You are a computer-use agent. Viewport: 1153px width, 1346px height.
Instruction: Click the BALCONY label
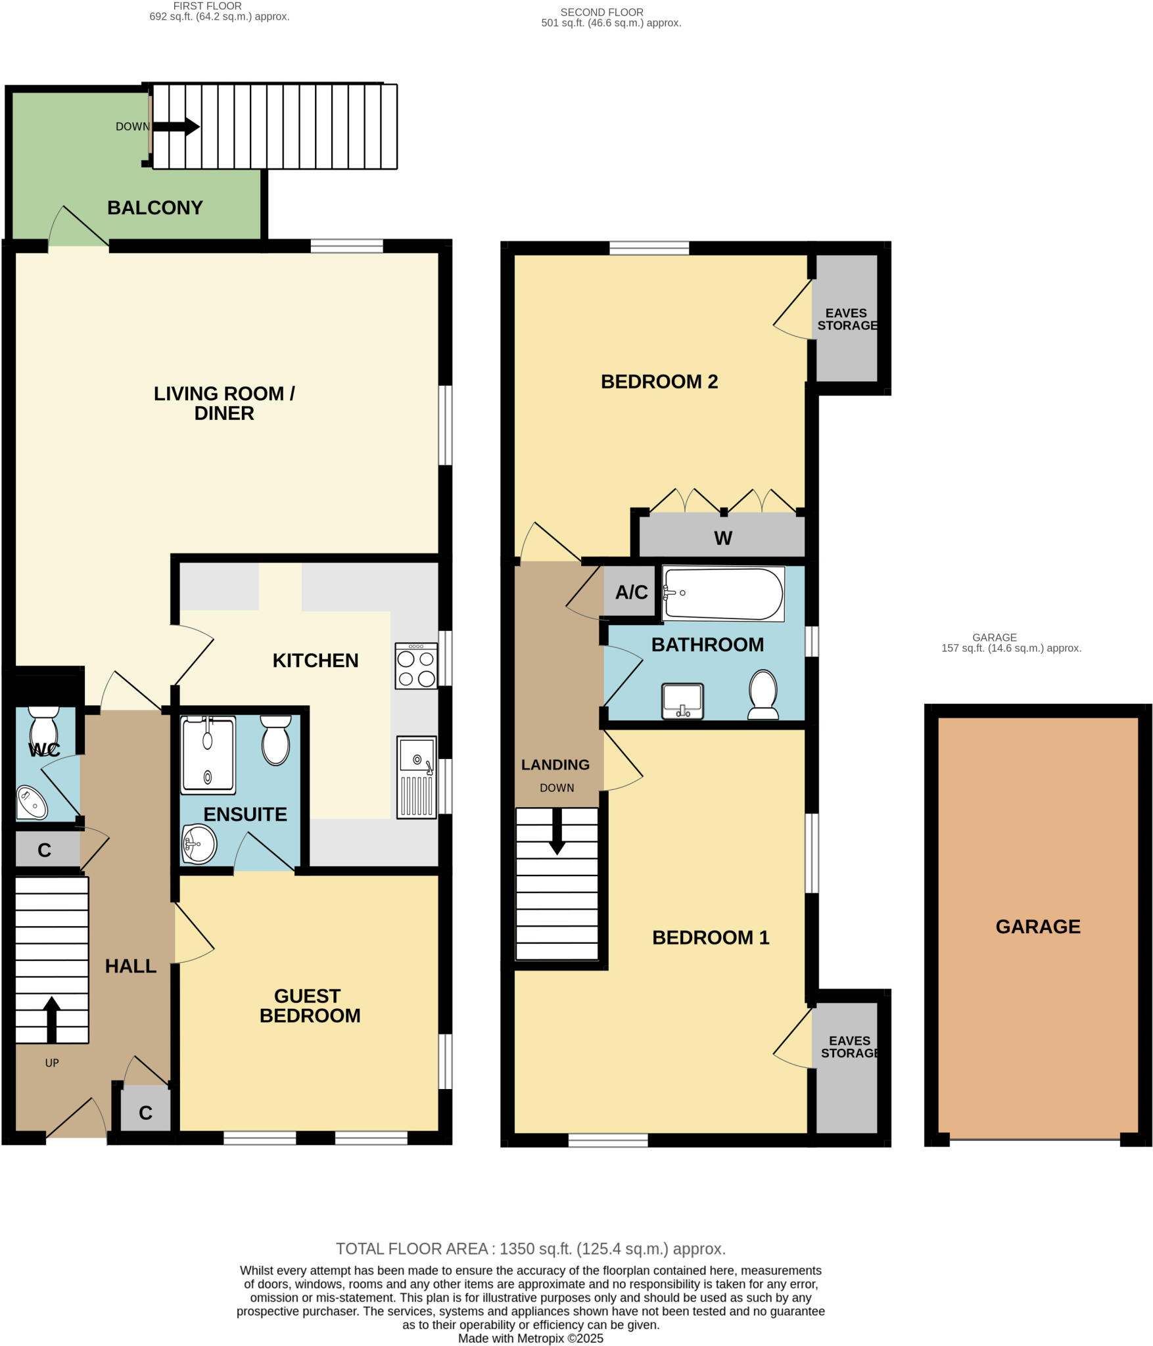(x=154, y=208)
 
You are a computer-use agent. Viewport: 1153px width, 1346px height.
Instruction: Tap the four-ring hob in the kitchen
(x=416, y=666)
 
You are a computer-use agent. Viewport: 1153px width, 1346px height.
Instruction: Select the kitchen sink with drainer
(x=417, y=777)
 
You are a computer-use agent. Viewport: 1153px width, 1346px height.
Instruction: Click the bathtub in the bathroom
(x=723, y=593)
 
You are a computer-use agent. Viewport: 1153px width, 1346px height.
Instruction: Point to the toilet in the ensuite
(x=275, y=740)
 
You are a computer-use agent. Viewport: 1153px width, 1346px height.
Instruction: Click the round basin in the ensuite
(x=200, y=844)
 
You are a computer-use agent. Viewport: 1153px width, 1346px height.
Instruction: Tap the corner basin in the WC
(x=30, y=802)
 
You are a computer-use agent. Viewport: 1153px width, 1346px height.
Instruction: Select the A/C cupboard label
(x=631, y=592)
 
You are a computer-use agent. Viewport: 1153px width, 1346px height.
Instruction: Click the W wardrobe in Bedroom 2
(x=722, y=538)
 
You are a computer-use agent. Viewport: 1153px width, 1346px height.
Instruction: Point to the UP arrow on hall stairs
(x=51, y=1019)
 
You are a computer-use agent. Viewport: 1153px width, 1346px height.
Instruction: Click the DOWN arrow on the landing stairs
(x=557, y=832)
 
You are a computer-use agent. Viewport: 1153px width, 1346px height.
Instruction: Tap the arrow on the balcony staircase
(x=176, y=126)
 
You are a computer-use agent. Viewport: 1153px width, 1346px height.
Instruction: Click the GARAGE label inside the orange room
(x=1037, y=927)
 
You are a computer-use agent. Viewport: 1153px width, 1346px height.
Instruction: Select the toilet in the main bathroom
(x=763, y=694)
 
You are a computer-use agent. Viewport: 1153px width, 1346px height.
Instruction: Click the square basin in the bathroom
(x=683, y=701)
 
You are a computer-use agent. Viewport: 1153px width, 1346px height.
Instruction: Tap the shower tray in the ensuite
(x=208, y=755)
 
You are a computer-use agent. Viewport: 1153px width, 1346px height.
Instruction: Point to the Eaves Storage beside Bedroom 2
(x=846, y=319)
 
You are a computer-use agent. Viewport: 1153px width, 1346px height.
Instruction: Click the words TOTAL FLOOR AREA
(x=412, y=1249)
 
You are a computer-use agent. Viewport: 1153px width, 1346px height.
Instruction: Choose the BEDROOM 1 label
(x=710, y=937)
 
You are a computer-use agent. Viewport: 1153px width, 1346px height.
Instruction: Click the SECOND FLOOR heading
(x=601, y=12)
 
